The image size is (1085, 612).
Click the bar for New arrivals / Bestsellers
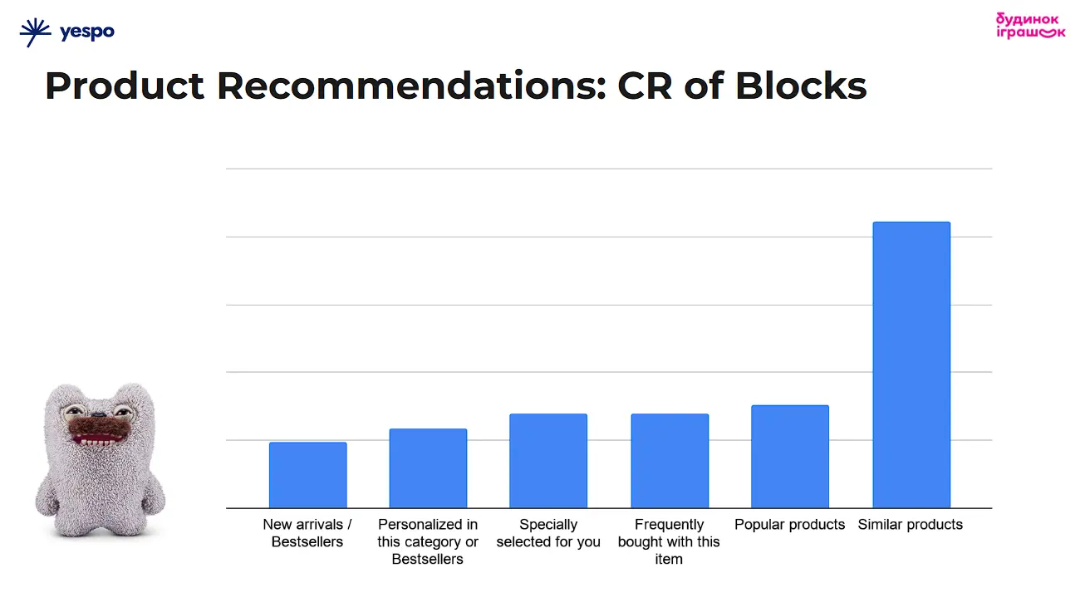307,475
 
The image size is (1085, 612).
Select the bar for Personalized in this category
428,468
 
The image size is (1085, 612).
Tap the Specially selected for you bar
548,461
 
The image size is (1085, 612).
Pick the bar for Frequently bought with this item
670,461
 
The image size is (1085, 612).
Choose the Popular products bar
790,457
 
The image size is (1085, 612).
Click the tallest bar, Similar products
911,365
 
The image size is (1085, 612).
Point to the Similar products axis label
911,525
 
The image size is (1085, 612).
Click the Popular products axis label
790,525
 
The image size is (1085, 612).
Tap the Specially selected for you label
548,533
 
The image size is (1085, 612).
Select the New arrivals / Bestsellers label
307,533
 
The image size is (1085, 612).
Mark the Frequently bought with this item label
669,541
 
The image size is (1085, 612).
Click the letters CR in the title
645,86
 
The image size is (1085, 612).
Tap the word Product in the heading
125,86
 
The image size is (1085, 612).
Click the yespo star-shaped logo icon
36,32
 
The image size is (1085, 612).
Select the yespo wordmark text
86,32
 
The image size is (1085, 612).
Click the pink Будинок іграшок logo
1029,26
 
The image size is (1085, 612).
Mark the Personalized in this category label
428,541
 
